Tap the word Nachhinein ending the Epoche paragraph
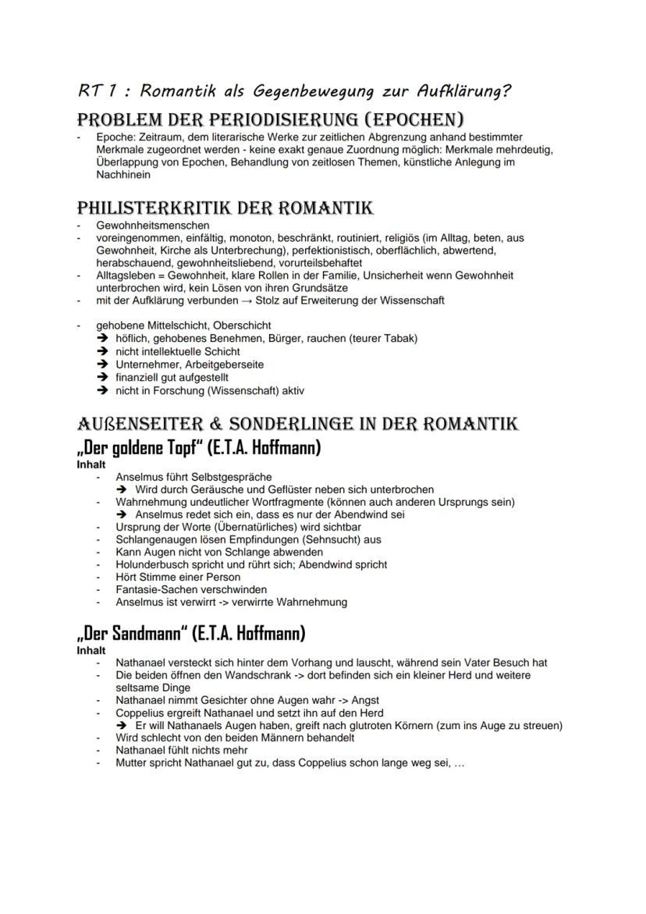point(122,176)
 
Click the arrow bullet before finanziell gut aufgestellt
point(102,377)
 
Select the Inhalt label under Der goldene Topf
point(91,464)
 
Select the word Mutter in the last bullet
point(132,763)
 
